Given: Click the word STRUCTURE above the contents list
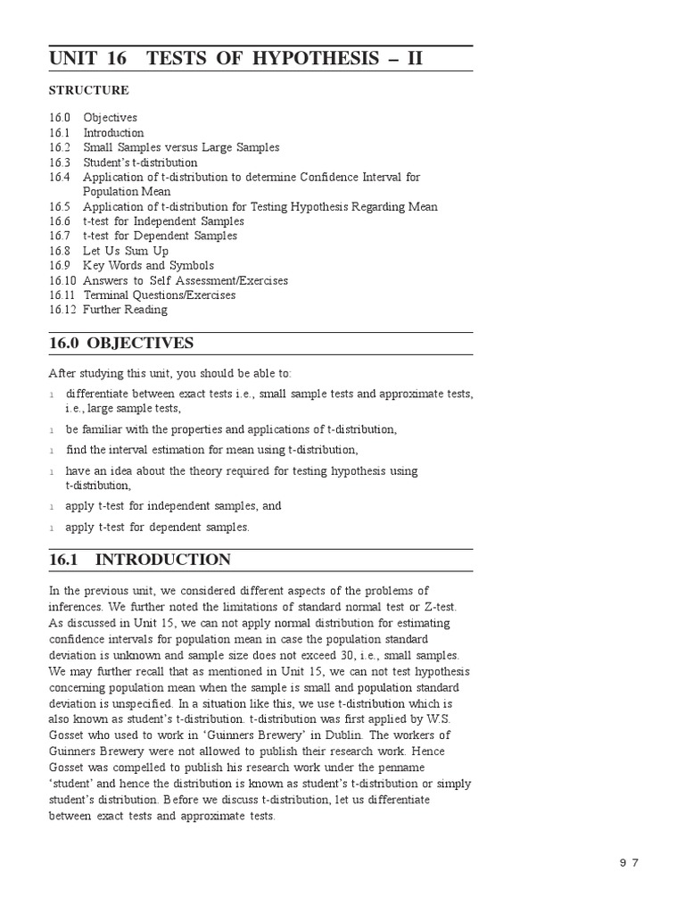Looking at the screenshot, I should pyautogui.click(x=89, y=90).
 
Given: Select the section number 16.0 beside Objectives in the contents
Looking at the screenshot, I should pyautogui.click(x=60, y=118).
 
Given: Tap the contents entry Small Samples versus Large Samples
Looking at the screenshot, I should pyautogui.click(x=181, y=147).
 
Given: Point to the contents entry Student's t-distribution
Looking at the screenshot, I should pyautogui.click(x=140, y=162).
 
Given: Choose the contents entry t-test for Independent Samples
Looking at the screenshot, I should pyautogui.click(x=163, y=221).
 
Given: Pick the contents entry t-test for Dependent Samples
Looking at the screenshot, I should pyautogui.click(x=160, y=236).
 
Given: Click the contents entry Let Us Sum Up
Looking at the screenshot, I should pyautogui.click(x=126, y=251).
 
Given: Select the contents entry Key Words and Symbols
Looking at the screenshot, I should pyautogui.click(x=148, y=266).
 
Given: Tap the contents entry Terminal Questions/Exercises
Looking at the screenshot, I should pyautogui.click(x=160, y=295).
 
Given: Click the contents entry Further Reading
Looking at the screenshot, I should pyautogui.click(x=125, y=310).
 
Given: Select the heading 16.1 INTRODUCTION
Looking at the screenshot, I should pyautogui.click(x=140, y=560).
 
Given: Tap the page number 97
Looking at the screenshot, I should pyautogui.click(x=630, y=861).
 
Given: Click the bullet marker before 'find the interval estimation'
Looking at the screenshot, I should pyautogui.click(x=53, y=451).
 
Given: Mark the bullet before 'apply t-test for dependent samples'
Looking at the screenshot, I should pyautogui.click(x=53, y=528).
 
